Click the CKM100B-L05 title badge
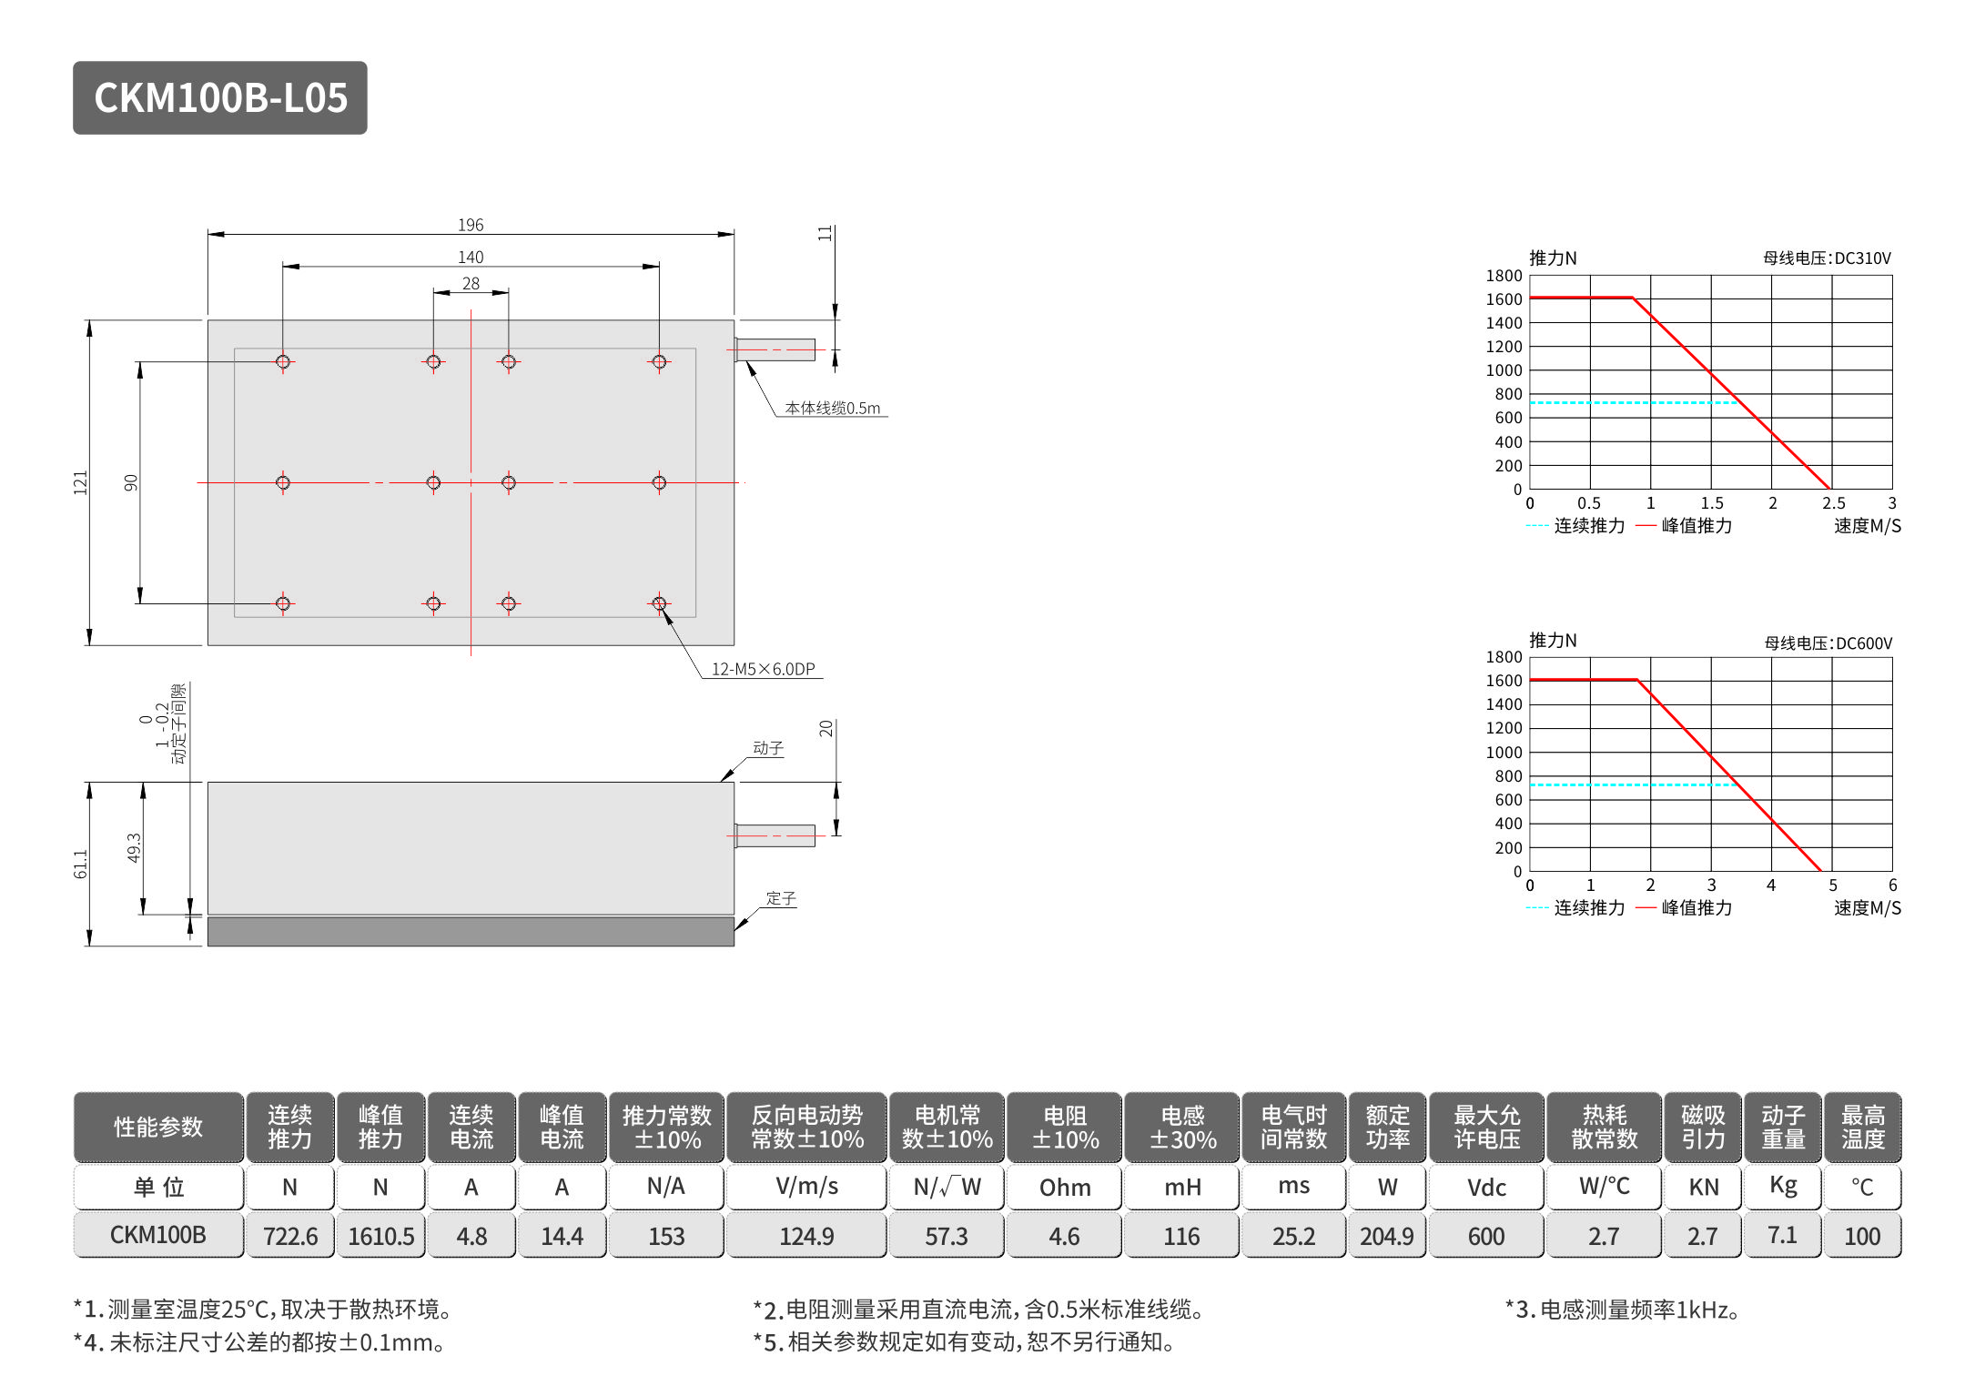(220, 98)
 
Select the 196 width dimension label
(471, 225)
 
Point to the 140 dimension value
(471, 258)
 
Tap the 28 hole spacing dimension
(471, 284)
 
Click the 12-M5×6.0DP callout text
(763, 669)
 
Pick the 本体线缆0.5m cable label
(833, 408)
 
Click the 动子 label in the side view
(768, 748)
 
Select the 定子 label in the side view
(781, 898)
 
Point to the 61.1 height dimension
(81, 864)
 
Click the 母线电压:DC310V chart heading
(1827, 258)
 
